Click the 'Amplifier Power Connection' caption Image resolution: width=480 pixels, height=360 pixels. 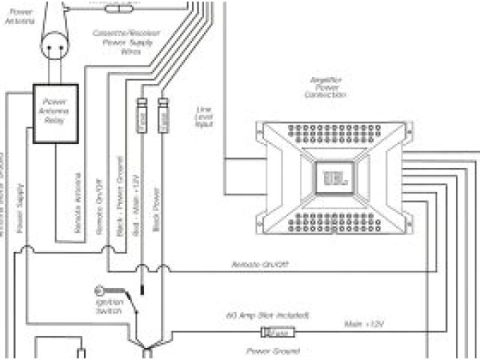pyautogui.click(x=325, y=87)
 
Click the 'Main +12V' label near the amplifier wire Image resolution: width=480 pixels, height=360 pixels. pyautogui.click(x=364, y=324)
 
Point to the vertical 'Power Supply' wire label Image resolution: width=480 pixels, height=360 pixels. pyautogui.click(x=20, y=205)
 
